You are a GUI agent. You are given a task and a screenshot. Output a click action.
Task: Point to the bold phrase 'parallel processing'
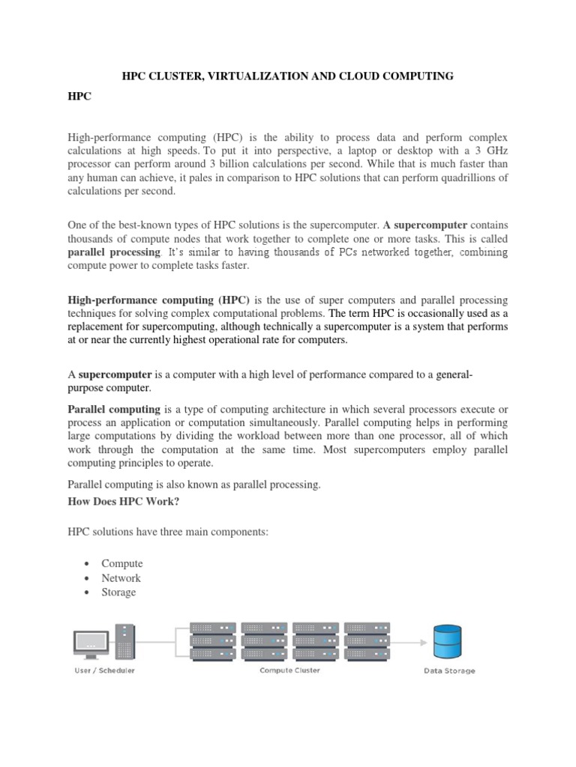pyautogui.click(x=114, y=252)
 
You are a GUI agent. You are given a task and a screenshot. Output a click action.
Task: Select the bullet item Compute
pyautogui.click(x=122, y=563)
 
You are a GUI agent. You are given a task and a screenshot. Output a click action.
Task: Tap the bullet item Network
pyautogui.click(x=121, y=577)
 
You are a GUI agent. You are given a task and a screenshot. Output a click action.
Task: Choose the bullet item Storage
pyautogui.click(x=119, y=592)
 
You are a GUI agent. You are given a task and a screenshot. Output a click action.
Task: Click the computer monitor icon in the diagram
pyautogui.click(x=89, y=642)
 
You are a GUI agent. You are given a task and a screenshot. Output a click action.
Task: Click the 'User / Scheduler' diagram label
pyautogui.click(x=104, y=670)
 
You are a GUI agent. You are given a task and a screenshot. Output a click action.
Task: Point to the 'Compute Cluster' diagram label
pyautogui.click(x=289, y=670)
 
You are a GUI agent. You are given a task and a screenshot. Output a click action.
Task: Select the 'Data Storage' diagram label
pyautogui.click(x=448, y=671)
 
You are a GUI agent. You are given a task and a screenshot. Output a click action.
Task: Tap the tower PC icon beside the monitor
pyautogui.click(x=125, y=642)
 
